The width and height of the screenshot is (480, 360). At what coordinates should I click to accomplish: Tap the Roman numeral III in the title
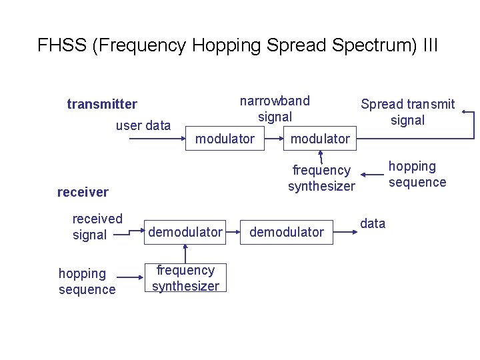(430, 45)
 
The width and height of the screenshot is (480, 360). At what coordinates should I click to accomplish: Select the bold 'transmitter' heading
(102, 104)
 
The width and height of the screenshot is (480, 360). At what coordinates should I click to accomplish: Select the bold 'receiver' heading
(83, 192)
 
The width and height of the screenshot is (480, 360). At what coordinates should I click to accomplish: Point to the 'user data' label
(143, 125)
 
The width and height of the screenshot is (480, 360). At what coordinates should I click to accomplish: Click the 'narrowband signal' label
(275, 109)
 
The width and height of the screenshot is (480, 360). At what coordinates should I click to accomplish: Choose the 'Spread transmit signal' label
(407, 112)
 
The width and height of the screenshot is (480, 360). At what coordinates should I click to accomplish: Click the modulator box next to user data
(225, 139)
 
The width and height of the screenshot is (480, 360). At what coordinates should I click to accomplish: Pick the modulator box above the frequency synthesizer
(320, 139)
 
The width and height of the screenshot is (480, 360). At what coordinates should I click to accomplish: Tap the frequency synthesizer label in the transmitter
(321, 178)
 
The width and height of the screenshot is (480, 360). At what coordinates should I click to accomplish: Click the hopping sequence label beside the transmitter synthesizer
(417, 174)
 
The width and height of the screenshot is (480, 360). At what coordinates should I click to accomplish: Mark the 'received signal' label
(97, 227)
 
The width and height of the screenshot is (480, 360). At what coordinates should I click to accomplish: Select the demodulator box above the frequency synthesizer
(185, 231)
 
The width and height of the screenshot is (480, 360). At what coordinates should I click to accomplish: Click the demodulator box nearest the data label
(286, 231)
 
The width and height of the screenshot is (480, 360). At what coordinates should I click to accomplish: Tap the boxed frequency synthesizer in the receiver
(185, 278)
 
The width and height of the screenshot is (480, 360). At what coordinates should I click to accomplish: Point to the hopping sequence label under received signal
(87, 281)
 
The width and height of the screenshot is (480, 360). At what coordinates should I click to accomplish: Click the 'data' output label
(373, 223)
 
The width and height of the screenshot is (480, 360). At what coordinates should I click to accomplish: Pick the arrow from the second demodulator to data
(345, 232)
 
